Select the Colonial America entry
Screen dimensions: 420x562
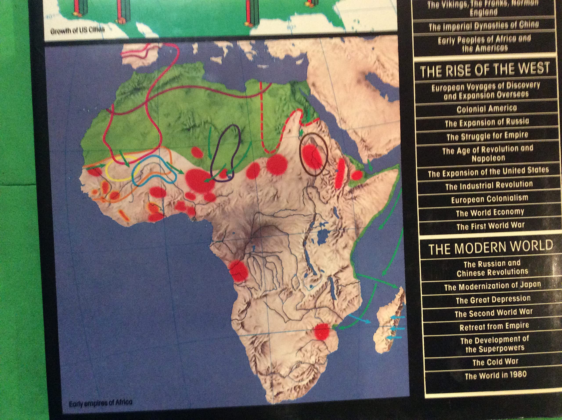486,109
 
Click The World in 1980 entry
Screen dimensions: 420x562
495,375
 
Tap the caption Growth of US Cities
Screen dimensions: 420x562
77,31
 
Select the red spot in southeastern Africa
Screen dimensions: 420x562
322,331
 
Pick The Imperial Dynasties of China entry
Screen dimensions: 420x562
484,26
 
